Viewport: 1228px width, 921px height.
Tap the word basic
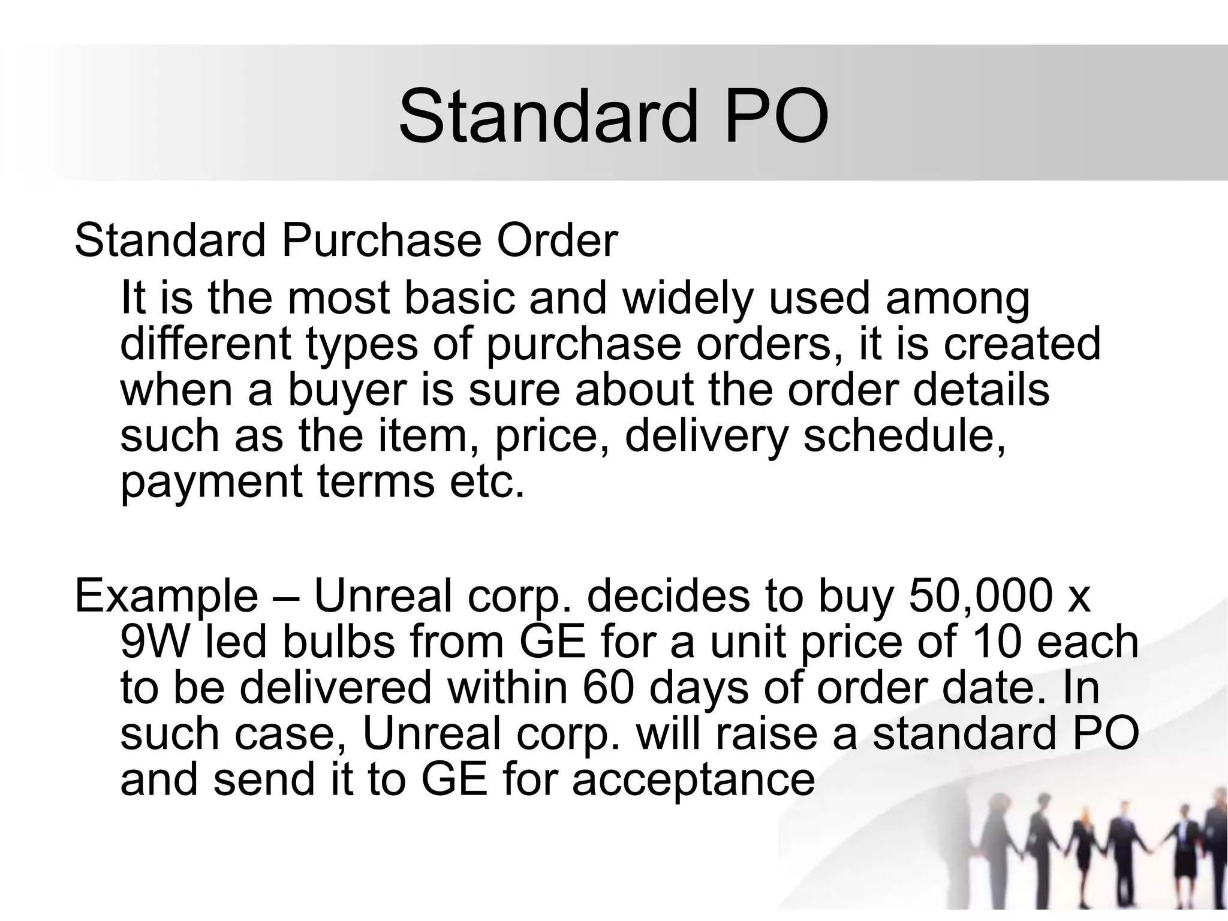(x=459, y=298)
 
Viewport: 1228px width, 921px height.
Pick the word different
(x=206, y=344)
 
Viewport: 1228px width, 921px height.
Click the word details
(x=981, y=389)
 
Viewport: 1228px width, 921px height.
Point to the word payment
(x=212, y=482)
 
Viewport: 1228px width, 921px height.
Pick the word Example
(x=166, y=597)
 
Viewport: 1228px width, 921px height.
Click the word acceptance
(x=693, y=781)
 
